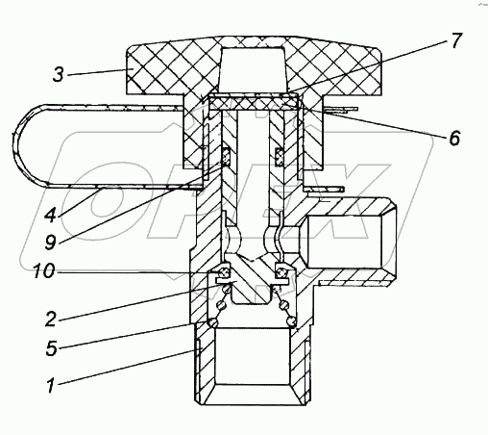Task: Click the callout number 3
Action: pos(59,75)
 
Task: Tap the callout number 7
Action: pos(456,40)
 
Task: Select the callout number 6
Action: pos(454,139)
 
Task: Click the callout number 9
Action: pos(51,242)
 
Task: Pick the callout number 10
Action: pos(44,271)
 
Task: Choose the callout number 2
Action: pos(51,320)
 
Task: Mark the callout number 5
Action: pos(51,348)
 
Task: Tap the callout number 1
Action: pos(51,385)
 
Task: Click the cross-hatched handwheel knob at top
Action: pos(255,66)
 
